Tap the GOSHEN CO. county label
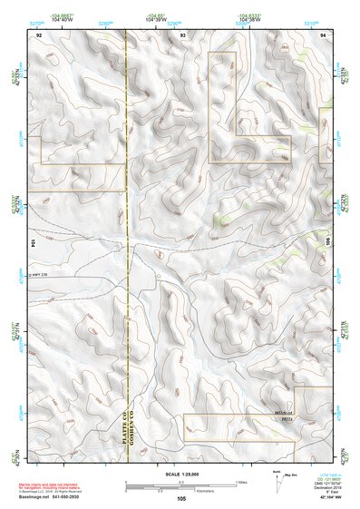[x=137, y=426]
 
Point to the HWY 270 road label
[x=42, y=275]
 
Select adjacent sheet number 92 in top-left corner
[x=39, y=34]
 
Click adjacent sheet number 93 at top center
[x=183, y=34]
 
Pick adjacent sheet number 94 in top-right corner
[x=324, y=34]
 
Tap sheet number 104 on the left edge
[x=34, y=243]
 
